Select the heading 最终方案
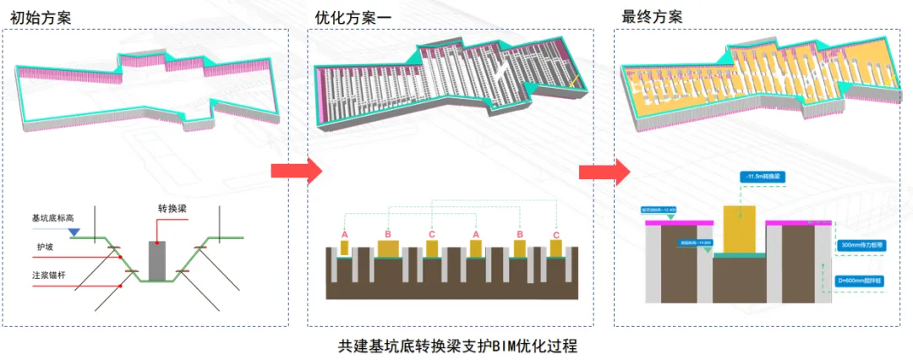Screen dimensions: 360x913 pyautogui.click(x=651, y=16)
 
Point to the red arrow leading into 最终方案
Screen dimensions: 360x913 pyautogui.click(x=604, y=172)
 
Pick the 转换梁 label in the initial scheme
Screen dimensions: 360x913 pyautogui.click(x=172, y=209)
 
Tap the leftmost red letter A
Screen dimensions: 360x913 pyautogui.click(x=345, y=234)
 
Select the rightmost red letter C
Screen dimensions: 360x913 pyautogui.click(x=555, y=234)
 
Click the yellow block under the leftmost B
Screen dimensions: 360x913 pyautogui.click(x=388, y=248)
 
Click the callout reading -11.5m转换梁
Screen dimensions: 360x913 pyautogui.click(x=762, y=176)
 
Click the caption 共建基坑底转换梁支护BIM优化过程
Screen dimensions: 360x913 pyautogui.click(x=457, y=346)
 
